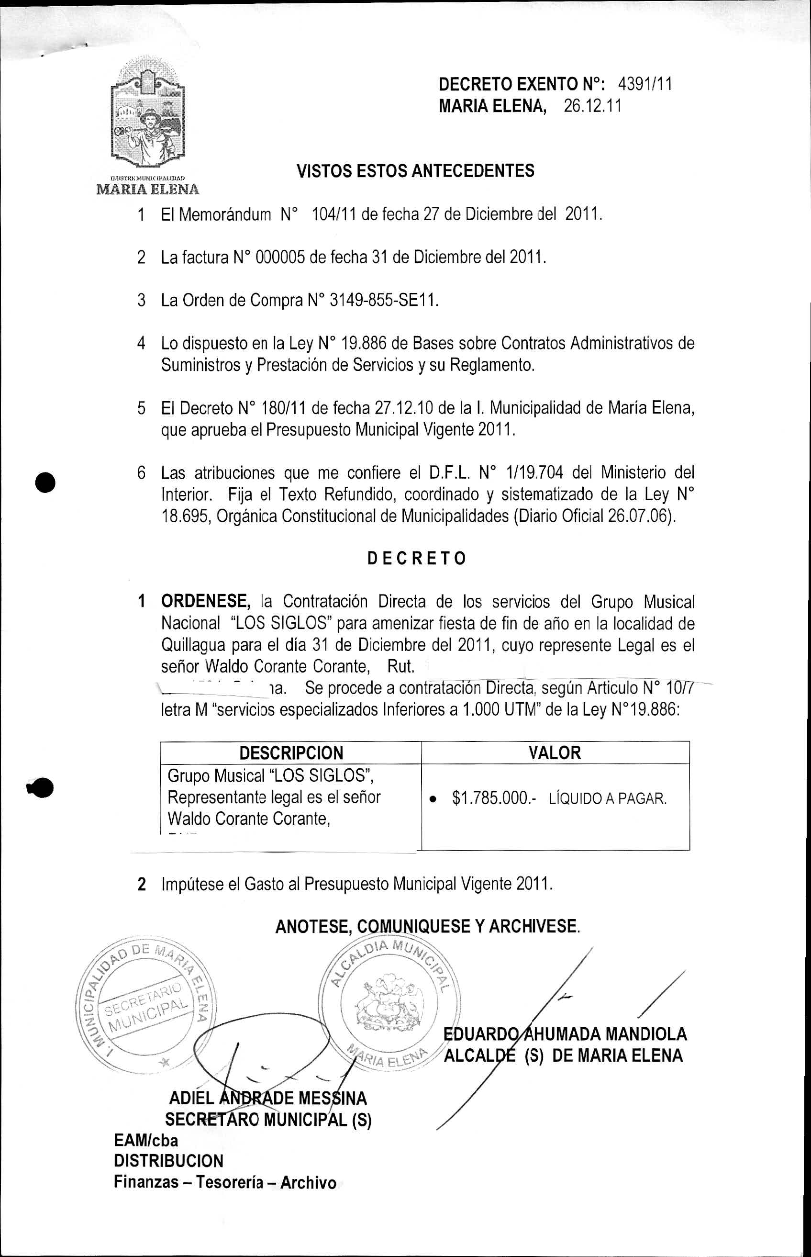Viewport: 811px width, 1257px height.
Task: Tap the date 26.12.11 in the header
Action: coord(592,107)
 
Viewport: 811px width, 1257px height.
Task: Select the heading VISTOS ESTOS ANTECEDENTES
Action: coord(415,171)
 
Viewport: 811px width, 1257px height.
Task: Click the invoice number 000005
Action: coord(279,258)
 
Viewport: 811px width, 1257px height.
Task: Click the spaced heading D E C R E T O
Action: coord(416,559)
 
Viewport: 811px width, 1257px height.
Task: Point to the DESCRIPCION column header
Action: coord(291,753)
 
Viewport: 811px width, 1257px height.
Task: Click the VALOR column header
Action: coord(555,753)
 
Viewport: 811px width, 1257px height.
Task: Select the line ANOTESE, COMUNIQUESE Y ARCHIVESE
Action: coord(427,927)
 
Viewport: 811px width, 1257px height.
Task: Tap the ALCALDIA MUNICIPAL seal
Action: coord(389,1000)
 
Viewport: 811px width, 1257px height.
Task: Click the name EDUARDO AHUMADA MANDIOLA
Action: coord(566,1034)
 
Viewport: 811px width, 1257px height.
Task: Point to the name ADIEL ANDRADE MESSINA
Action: coord(267,1099)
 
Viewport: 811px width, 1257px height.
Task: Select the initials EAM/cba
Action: coord(146,1141)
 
